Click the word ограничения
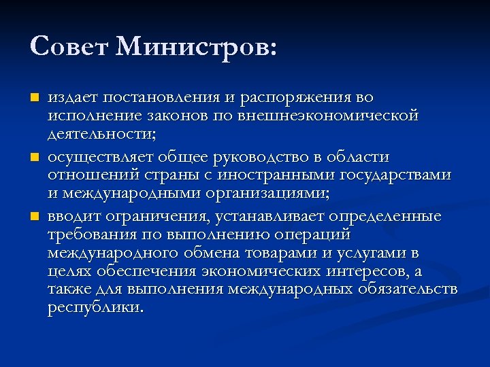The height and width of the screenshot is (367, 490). click(x=148, y=217)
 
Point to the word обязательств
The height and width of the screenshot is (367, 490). click(x=406, y=290)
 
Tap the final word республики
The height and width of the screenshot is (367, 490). click(x=95, y=307)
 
